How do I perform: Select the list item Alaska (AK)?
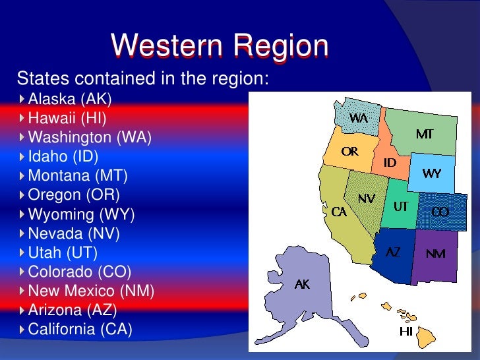[70, 99]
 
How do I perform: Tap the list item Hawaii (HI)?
[67, 118]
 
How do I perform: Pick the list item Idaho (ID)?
[63, 156]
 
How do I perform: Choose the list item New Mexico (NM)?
[91, 290]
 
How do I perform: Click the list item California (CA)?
[80, 328]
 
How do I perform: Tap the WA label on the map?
[358, 118]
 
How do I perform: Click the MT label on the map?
[424, 135]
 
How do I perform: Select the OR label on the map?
[349, 152]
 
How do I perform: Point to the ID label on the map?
[390, 162]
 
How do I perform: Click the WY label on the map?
[432, 174]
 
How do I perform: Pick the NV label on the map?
[367, 198]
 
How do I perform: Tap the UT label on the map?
[401, 206]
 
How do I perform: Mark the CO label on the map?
[440, 212]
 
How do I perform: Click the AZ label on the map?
[392, 252]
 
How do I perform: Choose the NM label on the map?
[435, 254]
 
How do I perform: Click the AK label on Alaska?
[302, 284]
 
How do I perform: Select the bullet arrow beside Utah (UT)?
[22, 252]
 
